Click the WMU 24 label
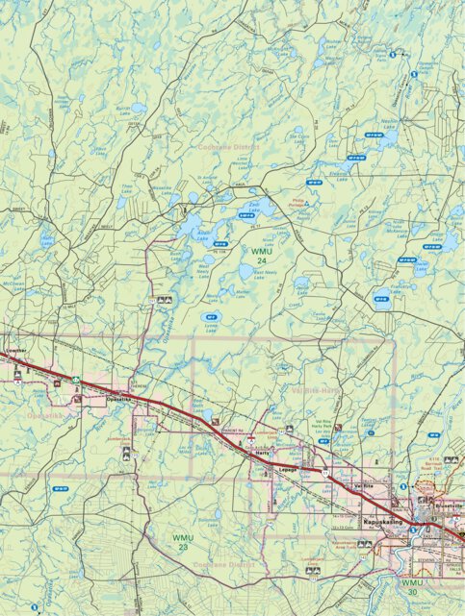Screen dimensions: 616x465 259,257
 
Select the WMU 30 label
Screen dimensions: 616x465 412,587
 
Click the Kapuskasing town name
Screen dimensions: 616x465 382,523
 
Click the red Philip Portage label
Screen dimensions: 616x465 299,203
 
